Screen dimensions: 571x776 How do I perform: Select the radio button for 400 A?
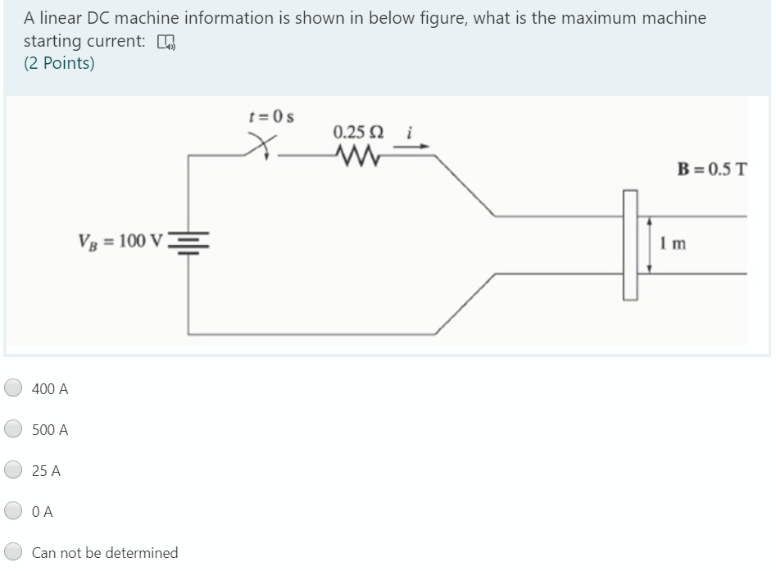click(13, 388)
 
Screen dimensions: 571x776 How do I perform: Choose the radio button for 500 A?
click(13, 429)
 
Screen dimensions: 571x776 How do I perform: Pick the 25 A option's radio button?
click(13, 470)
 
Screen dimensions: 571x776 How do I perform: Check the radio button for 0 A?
click(13, 511)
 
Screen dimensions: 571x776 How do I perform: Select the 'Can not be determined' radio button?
click(13, 552)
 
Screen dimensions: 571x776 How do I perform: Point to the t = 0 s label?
click(271, 116)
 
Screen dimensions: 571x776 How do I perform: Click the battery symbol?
click(189, 240)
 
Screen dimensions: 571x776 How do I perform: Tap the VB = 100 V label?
click(120, 241)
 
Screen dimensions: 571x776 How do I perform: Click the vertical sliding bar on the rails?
click(629, 244)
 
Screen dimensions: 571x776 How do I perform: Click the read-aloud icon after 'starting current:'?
click(166, 43)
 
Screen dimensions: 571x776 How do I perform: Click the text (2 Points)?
click(59, 64)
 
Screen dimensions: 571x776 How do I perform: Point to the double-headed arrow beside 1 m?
click(650, 244)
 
